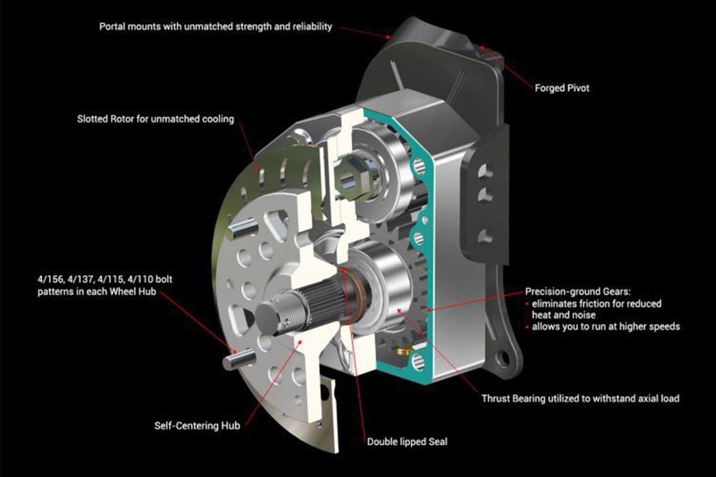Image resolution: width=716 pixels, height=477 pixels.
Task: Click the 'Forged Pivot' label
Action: [x=562, y=88]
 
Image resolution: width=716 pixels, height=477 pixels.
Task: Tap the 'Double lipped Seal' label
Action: [x=407, y=442]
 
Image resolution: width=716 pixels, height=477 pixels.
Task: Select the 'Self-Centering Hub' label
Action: [x=197, y=426]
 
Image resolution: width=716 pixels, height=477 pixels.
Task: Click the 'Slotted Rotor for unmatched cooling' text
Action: [x=155, y=119]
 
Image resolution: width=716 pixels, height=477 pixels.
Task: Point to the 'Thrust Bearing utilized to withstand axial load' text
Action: [x=581, y=398]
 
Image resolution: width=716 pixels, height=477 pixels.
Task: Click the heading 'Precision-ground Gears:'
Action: [x=578, y=292]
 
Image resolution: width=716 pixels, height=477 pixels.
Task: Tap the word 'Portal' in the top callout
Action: [x=112, y=26]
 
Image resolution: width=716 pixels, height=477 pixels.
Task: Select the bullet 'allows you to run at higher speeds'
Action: [x=606, y=327]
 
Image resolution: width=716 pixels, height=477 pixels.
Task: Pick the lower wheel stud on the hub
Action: [x=239, y=360]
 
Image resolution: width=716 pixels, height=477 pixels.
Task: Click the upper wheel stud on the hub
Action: [x=243, y=228]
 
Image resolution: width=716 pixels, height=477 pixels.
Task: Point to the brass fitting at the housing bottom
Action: [x=403, y=351]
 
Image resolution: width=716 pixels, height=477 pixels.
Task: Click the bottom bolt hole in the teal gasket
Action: [x=418, y=362]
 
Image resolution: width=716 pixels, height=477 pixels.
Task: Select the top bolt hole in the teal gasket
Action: [x=419, y=166]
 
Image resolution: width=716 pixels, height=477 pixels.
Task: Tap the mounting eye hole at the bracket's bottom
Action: [x=504, y=358]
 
